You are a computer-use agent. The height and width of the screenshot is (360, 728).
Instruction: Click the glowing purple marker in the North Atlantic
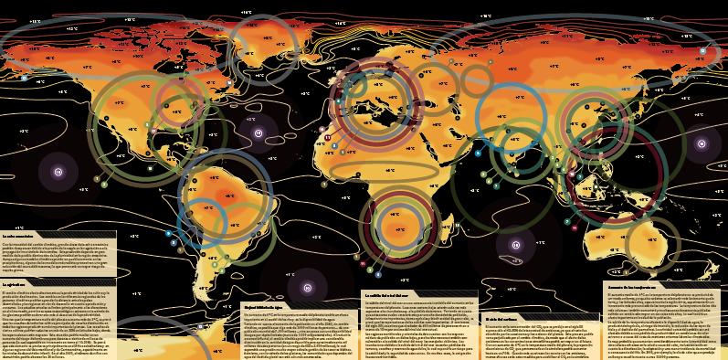click(x=258, y=134)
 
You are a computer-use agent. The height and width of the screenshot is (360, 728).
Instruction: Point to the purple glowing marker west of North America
click(x=34, y=170)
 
